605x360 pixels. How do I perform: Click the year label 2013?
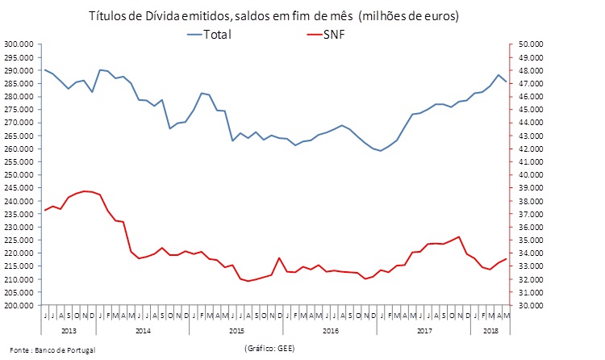(x=69, y=331)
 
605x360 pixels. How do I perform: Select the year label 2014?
(x=144, y=331)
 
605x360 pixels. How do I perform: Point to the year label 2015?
(x=236, y=331)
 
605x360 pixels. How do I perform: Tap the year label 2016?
(x=330, y=331)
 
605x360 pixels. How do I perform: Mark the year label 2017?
(x=423, y=331)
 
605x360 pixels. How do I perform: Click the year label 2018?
(x=490, y=331)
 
